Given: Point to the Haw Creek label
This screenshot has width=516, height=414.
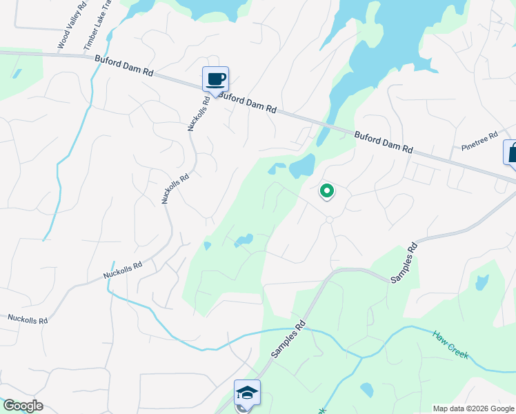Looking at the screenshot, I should [451, 345].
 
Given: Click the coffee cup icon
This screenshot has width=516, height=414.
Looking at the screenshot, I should [215, 79].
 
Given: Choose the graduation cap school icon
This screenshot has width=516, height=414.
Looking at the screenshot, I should [247, 393].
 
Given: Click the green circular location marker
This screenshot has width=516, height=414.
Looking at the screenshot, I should [326, 190].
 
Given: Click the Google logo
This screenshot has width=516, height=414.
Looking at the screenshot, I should [23, 406].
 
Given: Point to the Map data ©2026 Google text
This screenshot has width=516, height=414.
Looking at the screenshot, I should [473, 408].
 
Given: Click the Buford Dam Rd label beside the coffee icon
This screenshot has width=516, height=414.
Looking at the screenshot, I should [250, 103].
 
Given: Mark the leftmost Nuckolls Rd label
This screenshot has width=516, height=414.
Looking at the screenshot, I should [28, 319].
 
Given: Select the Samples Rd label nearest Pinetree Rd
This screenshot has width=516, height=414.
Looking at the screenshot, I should [405, 262].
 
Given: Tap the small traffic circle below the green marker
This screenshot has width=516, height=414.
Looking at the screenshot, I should [330, 219].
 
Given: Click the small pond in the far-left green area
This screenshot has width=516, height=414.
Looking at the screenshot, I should [17, 72].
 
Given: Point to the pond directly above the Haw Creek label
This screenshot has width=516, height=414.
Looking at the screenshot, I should [482, 282].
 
